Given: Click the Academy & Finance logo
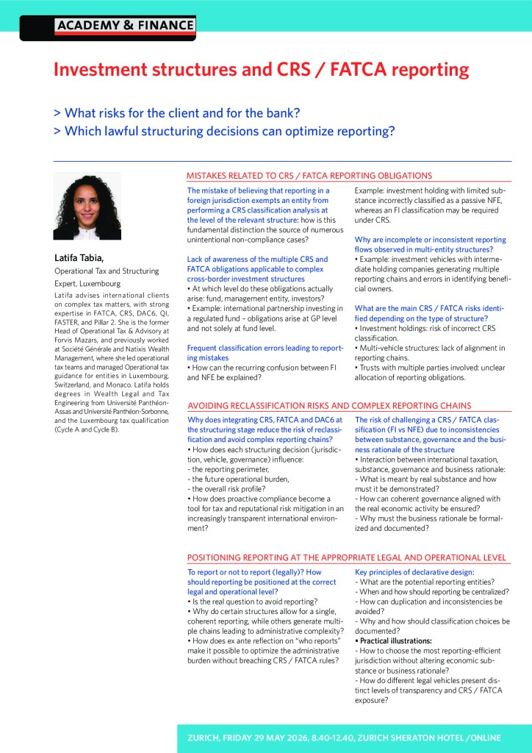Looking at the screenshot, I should tap(124, 26).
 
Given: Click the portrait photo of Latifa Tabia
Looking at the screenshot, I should tap(87, 206).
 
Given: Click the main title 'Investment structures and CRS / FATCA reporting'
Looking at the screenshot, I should tap(261, 70).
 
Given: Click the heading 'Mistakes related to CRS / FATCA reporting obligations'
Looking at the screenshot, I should tap(309, 176).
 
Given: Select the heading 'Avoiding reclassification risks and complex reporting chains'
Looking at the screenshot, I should tap(329, 405).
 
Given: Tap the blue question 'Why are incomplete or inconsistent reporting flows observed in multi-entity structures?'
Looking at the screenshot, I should tap(430, 244).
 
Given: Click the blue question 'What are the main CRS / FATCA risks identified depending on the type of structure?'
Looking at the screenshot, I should tap(430, 313).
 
